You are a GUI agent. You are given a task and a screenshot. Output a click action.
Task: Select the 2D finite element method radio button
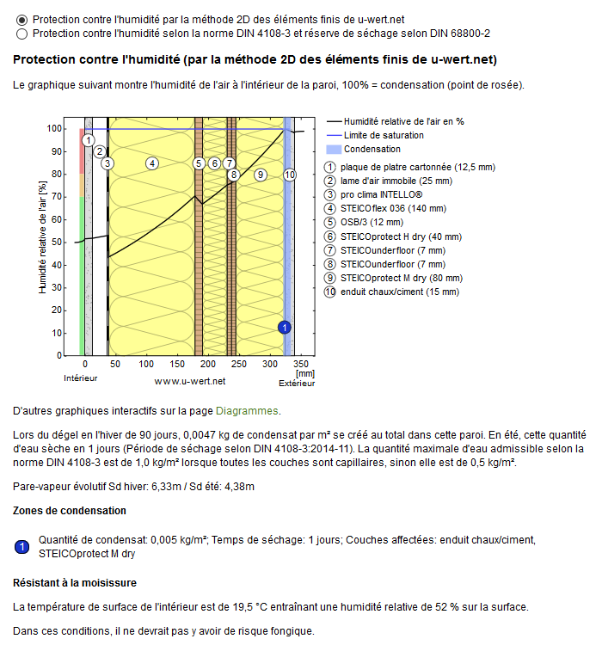coord(21,19)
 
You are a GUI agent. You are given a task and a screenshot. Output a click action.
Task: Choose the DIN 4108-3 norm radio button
coord(21,34)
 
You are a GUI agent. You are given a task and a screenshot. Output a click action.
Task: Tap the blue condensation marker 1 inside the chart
coord(285,326)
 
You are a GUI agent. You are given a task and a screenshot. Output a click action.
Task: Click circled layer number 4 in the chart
coord(151,163)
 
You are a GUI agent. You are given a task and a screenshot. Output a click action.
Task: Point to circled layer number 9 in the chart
coord(260,174)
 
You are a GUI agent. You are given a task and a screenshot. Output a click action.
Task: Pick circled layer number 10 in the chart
coord(289,174)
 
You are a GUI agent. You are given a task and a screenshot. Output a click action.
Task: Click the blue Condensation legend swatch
coord(334,150)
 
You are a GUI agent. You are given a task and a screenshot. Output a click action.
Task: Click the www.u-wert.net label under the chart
coord(189,380)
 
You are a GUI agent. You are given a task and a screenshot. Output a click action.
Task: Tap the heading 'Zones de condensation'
coord(70,510)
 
